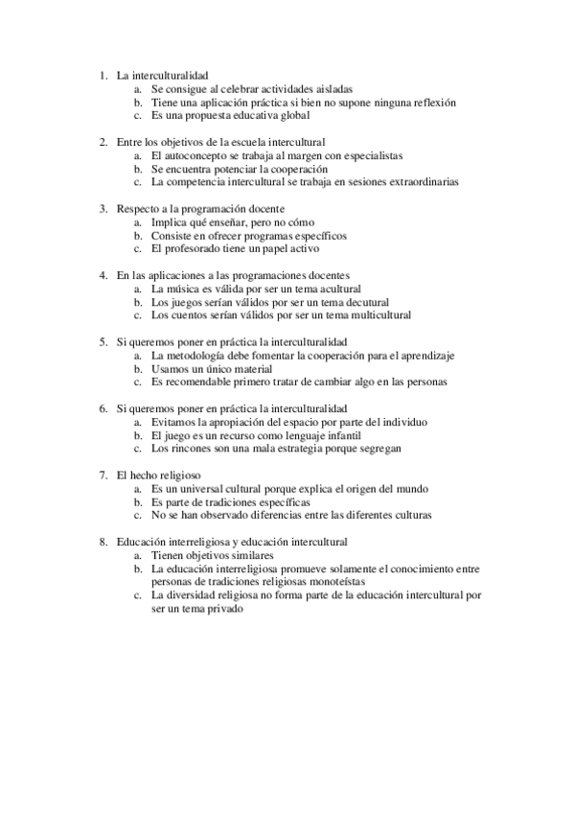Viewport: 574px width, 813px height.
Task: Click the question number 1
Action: click(x=103, y=74)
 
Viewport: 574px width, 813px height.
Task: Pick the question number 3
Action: click(x=103, y=208)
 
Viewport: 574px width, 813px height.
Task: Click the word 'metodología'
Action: click(x=195, y=355)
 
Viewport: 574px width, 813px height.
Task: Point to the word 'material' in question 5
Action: click(x=252, y=368)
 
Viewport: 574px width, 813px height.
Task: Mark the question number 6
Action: click(x=103, y=407)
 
